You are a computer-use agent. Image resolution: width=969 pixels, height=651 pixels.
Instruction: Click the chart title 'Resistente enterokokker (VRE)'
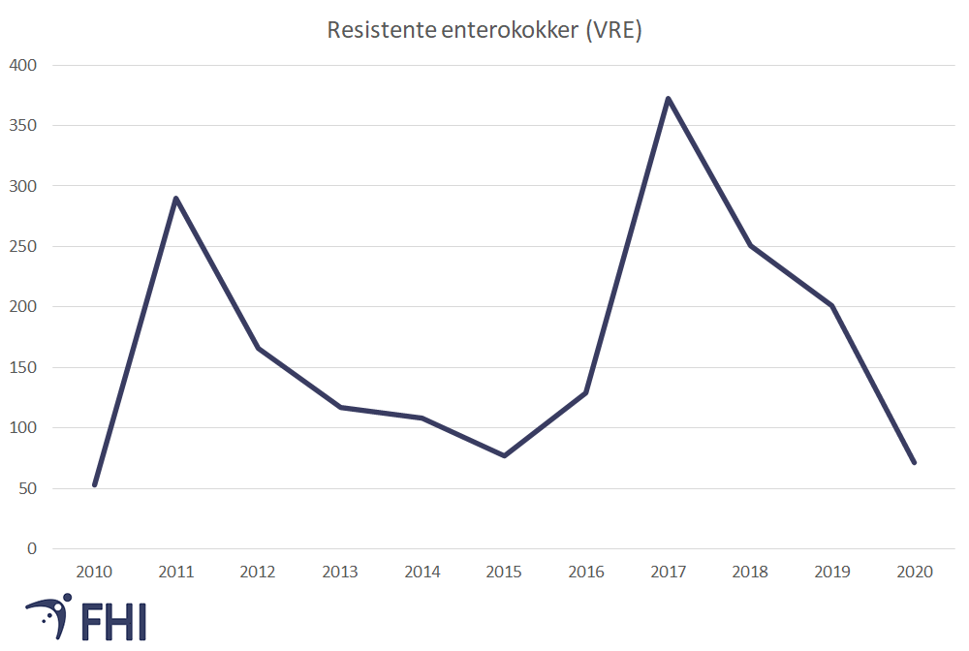coord(484,30)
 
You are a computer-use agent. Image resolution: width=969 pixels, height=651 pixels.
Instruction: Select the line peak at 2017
coord(668,99)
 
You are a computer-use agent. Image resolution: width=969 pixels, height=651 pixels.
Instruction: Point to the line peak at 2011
coord(176,199)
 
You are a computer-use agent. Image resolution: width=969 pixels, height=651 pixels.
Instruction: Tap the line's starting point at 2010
coord(94,484)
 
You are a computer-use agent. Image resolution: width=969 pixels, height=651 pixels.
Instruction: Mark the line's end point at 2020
coord(914,462)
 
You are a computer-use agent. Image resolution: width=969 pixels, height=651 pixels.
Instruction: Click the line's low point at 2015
coord(504,455)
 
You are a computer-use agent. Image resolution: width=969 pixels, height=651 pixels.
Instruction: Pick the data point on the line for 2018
coord(750,245)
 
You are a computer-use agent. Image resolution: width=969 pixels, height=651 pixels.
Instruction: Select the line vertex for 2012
coord(258,348)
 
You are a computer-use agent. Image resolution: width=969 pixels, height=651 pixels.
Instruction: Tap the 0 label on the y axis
coord(32,548)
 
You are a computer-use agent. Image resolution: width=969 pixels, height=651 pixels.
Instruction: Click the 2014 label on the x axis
coord(422,573)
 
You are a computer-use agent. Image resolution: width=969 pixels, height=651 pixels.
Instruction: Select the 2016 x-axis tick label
coord(586,573)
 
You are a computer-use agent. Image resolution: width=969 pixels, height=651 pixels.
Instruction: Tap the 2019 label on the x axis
coord(832,573)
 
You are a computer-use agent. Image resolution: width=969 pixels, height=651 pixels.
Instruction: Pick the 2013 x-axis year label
coord(340,573)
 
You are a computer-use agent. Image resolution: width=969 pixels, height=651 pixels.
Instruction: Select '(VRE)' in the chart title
coord(612,30)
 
